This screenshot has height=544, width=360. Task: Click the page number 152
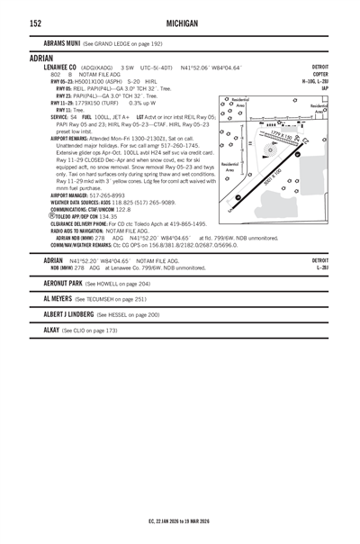[x=35, y=23]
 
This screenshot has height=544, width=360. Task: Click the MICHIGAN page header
[x=180, y=23]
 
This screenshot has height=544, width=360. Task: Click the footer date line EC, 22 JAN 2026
[x=179, y=521]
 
